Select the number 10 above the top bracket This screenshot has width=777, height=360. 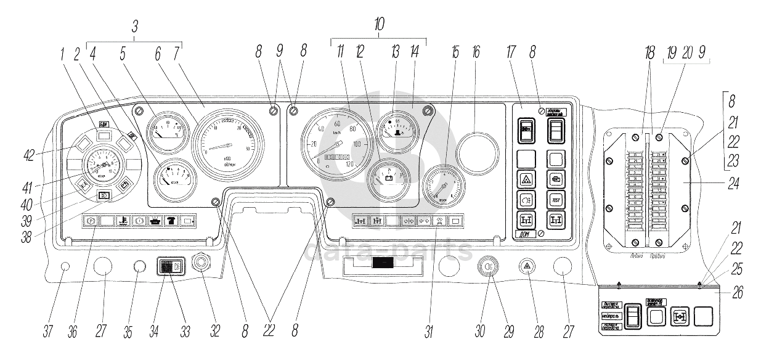click(379, 25)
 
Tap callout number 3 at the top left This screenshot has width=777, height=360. click(135, 27)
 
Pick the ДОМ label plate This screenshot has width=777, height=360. click(523, 234)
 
